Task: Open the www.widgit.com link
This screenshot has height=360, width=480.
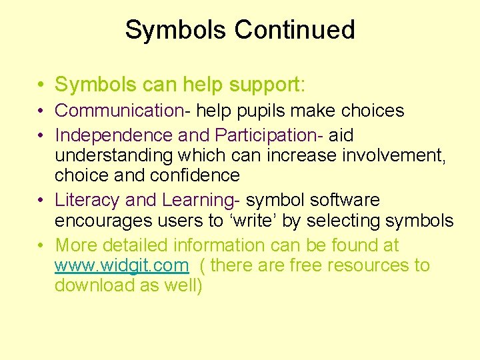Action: click(x=122, y=265)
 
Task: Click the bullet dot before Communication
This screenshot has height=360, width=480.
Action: click(x=41, y=111)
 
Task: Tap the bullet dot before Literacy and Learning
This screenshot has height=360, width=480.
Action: click(x=41, y=200)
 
